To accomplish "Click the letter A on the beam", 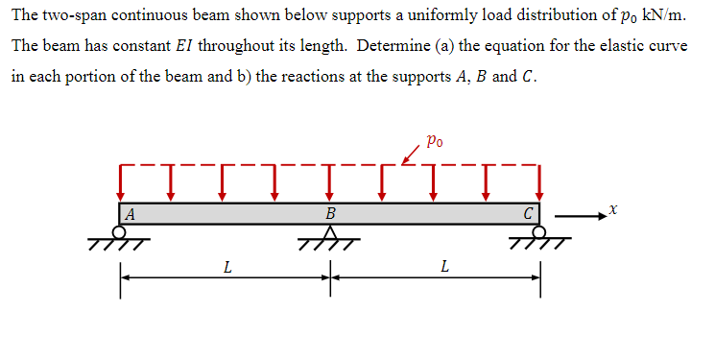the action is click(130, 213).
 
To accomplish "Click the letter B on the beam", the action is click(331, 213).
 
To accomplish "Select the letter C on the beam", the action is click(529, 213).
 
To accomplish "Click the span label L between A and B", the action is click(226, 267).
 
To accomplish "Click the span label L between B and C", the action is click(442, 267).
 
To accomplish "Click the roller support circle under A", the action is click(120, 231).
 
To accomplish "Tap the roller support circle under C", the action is click(538, 231).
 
